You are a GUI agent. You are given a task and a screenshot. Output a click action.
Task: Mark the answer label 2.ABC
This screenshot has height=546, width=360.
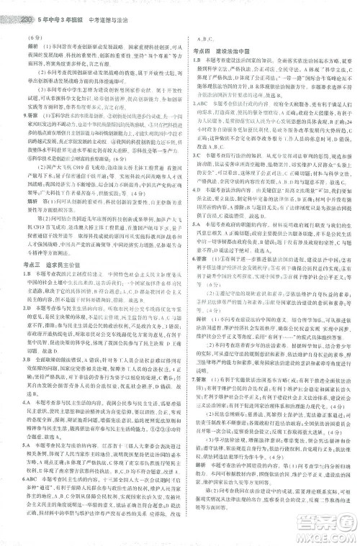[198, 122]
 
